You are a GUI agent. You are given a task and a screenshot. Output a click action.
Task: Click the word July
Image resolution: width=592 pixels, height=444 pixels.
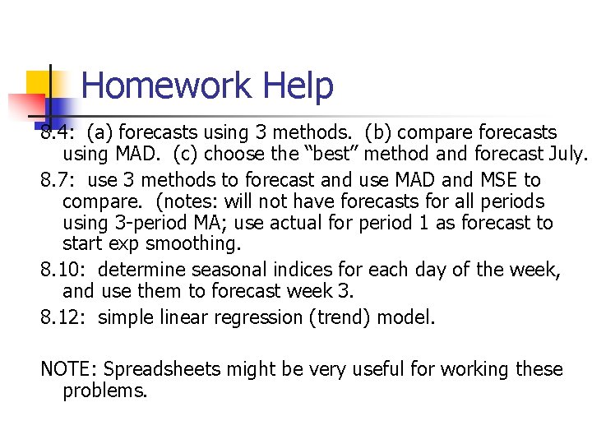(568, 154)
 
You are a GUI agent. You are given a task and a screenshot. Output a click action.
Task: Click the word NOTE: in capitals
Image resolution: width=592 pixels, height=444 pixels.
(68, 370)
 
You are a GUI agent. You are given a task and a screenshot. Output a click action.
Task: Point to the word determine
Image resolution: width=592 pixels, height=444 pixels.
(141, 271)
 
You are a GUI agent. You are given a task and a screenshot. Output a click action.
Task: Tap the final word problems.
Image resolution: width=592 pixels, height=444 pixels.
(104, 391)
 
